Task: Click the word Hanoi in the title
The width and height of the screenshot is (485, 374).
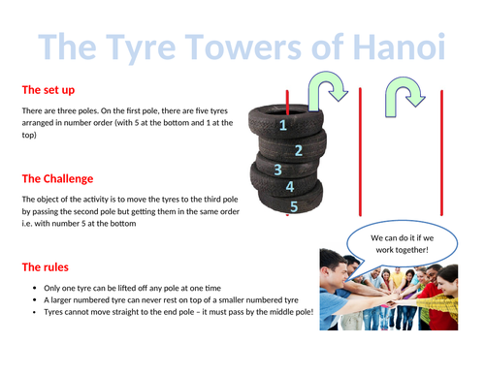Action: (399, 47)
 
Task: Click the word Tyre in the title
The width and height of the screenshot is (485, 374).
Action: (141, 48)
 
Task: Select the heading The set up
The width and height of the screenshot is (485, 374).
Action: (48, 90)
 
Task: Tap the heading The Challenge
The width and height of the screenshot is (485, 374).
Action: (57, 178)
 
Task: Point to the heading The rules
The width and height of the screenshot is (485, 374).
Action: (46, 267)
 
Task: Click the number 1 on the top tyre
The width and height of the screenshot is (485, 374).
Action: (283, 125)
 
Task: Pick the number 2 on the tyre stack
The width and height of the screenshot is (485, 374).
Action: (299, 150)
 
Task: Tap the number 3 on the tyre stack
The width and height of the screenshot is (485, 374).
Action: (277, 170)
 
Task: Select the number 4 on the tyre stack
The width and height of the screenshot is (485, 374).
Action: (290, 187)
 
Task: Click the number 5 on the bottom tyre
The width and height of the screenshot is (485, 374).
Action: (294, 206)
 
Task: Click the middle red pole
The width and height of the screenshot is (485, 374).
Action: (360, 151)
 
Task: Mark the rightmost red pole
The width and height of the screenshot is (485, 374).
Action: (441, 153)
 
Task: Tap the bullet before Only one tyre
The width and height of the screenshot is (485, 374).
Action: (35, 288)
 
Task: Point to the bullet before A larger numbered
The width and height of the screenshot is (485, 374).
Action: (35, 300)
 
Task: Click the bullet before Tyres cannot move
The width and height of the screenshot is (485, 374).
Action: (35, 312)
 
